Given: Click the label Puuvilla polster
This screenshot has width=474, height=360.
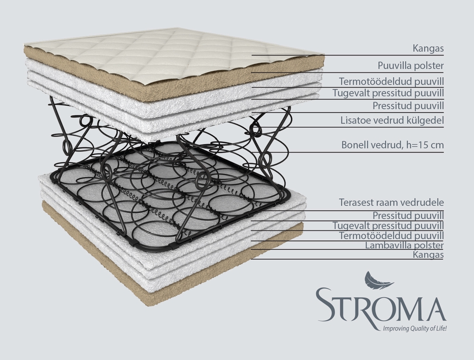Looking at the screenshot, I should click(x=410, y=65).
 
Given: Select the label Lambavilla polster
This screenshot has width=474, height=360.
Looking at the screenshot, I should click(x=404, y=245).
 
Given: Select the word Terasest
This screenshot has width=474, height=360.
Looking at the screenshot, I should click(x=356, y=203).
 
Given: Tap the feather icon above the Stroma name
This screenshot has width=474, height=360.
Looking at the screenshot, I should click(x=378, y=281).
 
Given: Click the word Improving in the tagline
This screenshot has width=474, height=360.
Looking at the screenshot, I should click(x=388, y=328).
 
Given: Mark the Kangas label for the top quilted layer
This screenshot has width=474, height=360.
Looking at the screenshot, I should click(x=428, y=48).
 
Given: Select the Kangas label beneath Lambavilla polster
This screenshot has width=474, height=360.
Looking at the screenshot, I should click(x=428, y=255).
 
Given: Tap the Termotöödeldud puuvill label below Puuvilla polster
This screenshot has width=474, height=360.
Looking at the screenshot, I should click(x=391, y=81).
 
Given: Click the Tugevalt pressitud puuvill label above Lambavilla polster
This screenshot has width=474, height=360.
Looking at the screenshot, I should click(x=388, y=225).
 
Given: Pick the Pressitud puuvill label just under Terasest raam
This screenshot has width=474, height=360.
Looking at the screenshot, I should click(x=408, y=215).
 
